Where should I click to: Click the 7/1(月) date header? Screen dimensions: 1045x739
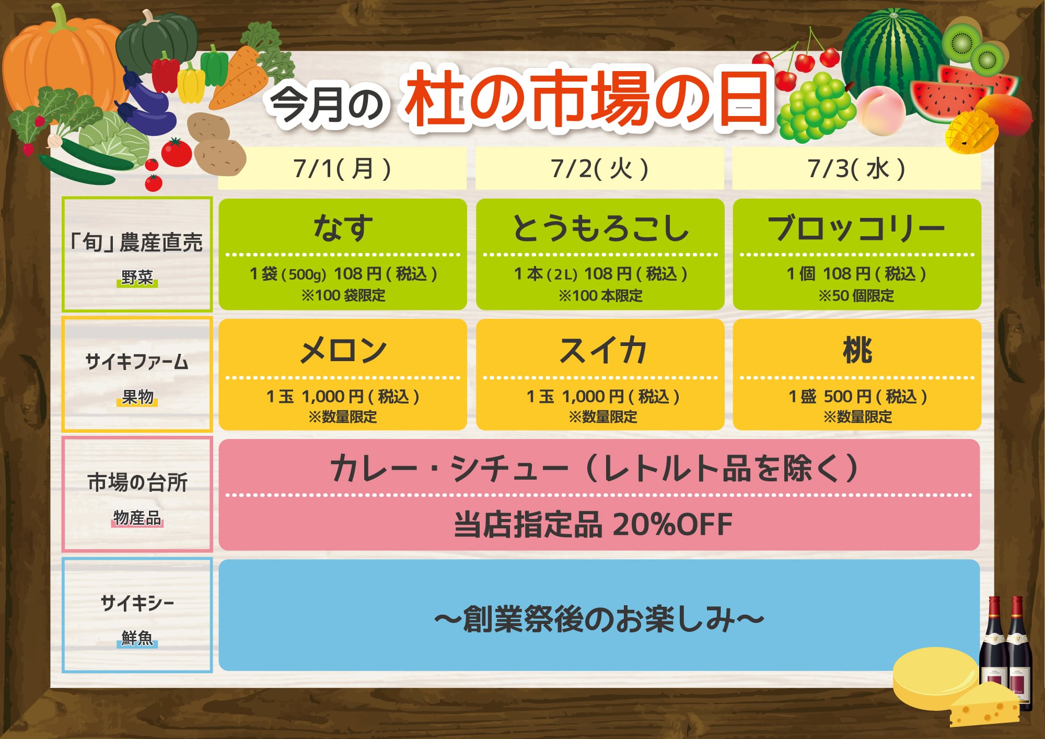(x=342, y=169)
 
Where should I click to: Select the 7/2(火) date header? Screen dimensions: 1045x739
(x=599, y=169)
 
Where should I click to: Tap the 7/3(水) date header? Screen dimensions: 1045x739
(x=856, y=169)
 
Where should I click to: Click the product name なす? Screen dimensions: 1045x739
(x=343, y=228)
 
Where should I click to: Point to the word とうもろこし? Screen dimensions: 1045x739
(x=600, y=228)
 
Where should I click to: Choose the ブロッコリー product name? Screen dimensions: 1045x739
(x=856, y=228)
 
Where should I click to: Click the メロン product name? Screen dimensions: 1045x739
(x=343, y=350)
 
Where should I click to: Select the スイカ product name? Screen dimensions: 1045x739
(x=602, y=350)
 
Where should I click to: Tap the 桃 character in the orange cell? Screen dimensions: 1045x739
(x=857, y=350)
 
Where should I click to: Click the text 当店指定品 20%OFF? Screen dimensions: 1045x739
(x=593, y=525)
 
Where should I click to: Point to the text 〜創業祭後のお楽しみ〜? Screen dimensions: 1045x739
(x=599, y=619)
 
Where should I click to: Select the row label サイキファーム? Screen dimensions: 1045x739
(x=137, y=362)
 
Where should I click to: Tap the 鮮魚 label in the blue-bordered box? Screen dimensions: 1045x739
(x=137, y=638)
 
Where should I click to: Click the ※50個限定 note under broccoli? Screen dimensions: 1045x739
(x=856, y=296)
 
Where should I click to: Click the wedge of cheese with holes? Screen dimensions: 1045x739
(x=983, y=705)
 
